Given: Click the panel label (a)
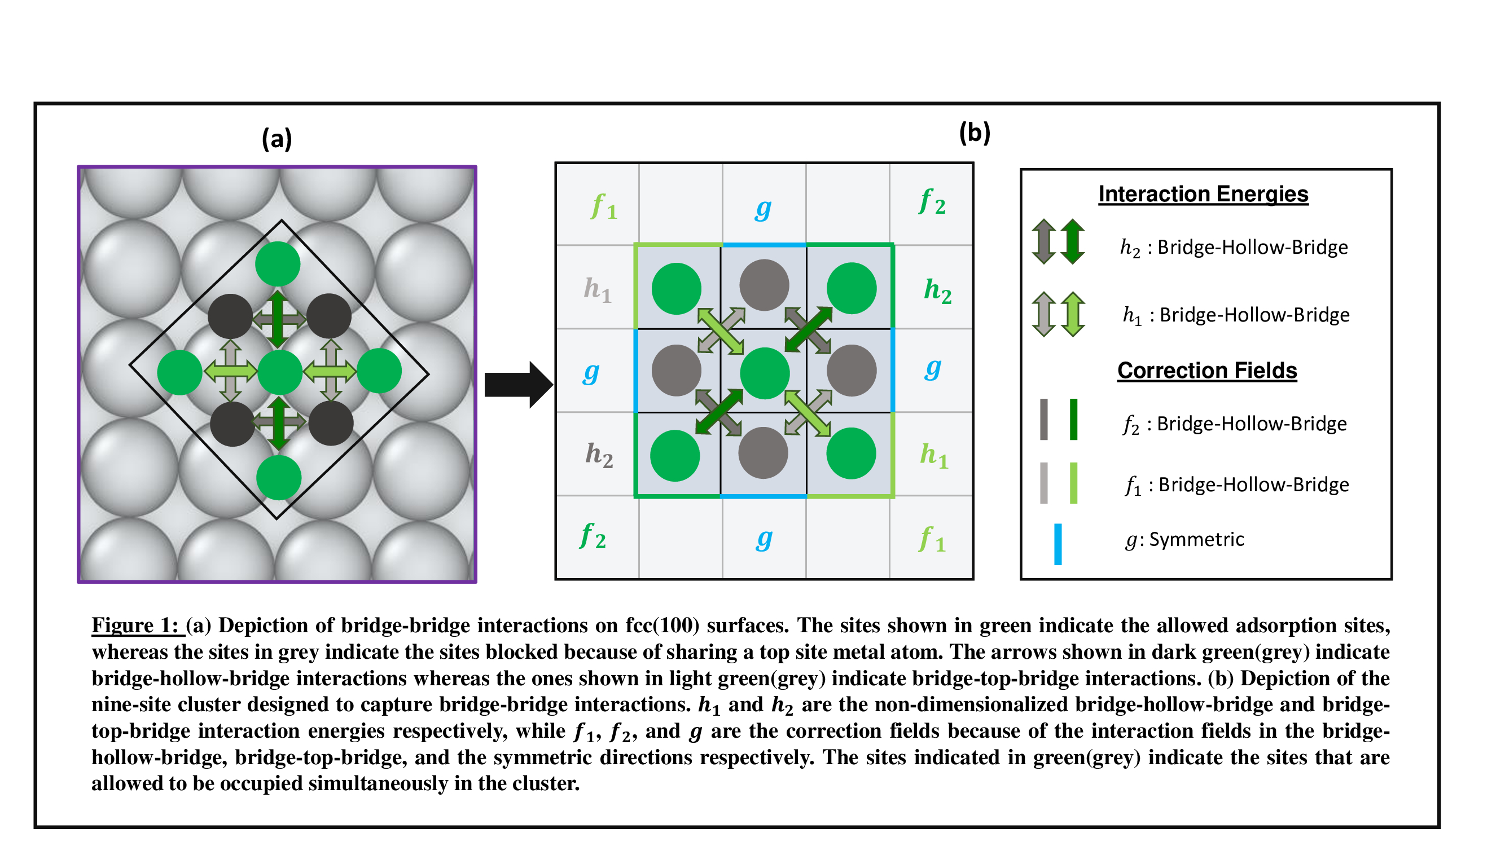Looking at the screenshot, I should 277,139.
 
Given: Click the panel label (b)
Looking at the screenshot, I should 974,133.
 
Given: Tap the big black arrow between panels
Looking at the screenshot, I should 517,384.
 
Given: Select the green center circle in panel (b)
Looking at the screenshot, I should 764,373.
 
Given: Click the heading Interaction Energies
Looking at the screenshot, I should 1203,194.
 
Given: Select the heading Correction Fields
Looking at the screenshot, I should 1206,370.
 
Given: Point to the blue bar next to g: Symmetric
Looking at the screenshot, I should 1058,544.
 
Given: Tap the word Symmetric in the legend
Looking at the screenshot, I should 1196,539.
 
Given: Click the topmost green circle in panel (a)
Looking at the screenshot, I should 278,264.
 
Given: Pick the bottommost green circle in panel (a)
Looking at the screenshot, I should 279,478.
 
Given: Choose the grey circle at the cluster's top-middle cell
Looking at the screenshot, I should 764,284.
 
